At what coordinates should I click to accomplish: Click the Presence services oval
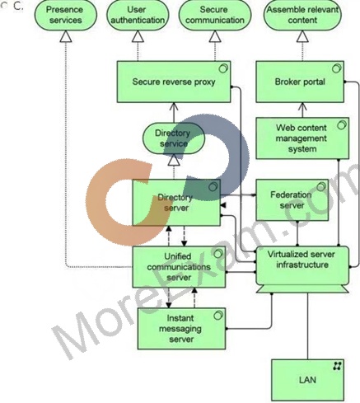(x=66, y=15)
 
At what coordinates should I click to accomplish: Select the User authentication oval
(x=138, y=15)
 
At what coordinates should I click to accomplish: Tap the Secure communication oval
(x=215, y=15)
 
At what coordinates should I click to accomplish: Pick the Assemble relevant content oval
(x=302, y=15)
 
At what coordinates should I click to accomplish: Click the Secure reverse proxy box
(x=174, y=82)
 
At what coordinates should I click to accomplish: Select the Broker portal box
(x=300, y=82)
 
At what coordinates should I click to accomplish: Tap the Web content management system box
(x=302, y=138)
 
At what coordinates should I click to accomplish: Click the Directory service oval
(x=174, y=138)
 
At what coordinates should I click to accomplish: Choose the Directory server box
(x=176, y=203)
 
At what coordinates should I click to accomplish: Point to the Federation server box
(x=292, y=200)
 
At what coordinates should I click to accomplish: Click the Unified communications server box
(x=179, y=267)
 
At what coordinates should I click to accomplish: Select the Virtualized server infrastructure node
(x=302, y=269)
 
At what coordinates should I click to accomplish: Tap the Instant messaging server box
(x=181, y=329)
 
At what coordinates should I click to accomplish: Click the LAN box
(x=307, y=380)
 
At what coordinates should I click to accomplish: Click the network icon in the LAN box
(x=337, y=366)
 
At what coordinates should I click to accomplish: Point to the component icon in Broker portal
(x=337, y=68)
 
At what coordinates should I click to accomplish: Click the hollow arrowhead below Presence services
(x=66, y=36)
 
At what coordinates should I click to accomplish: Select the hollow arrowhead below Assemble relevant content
(x=302, y=36)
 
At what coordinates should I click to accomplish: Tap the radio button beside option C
(x=3, y=7)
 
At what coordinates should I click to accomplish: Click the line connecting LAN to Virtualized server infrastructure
(x=307, y=326)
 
